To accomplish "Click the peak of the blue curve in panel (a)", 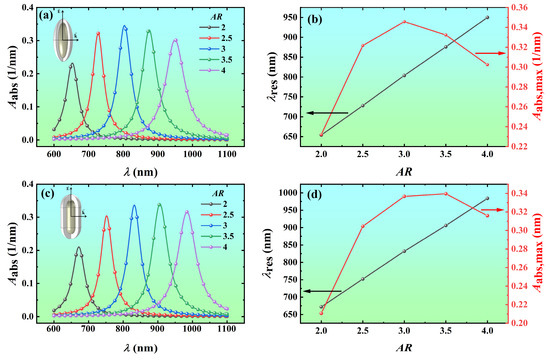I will [124, 27].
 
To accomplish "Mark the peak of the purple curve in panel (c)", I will [186, 211].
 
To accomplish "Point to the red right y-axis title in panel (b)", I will [541, 78].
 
